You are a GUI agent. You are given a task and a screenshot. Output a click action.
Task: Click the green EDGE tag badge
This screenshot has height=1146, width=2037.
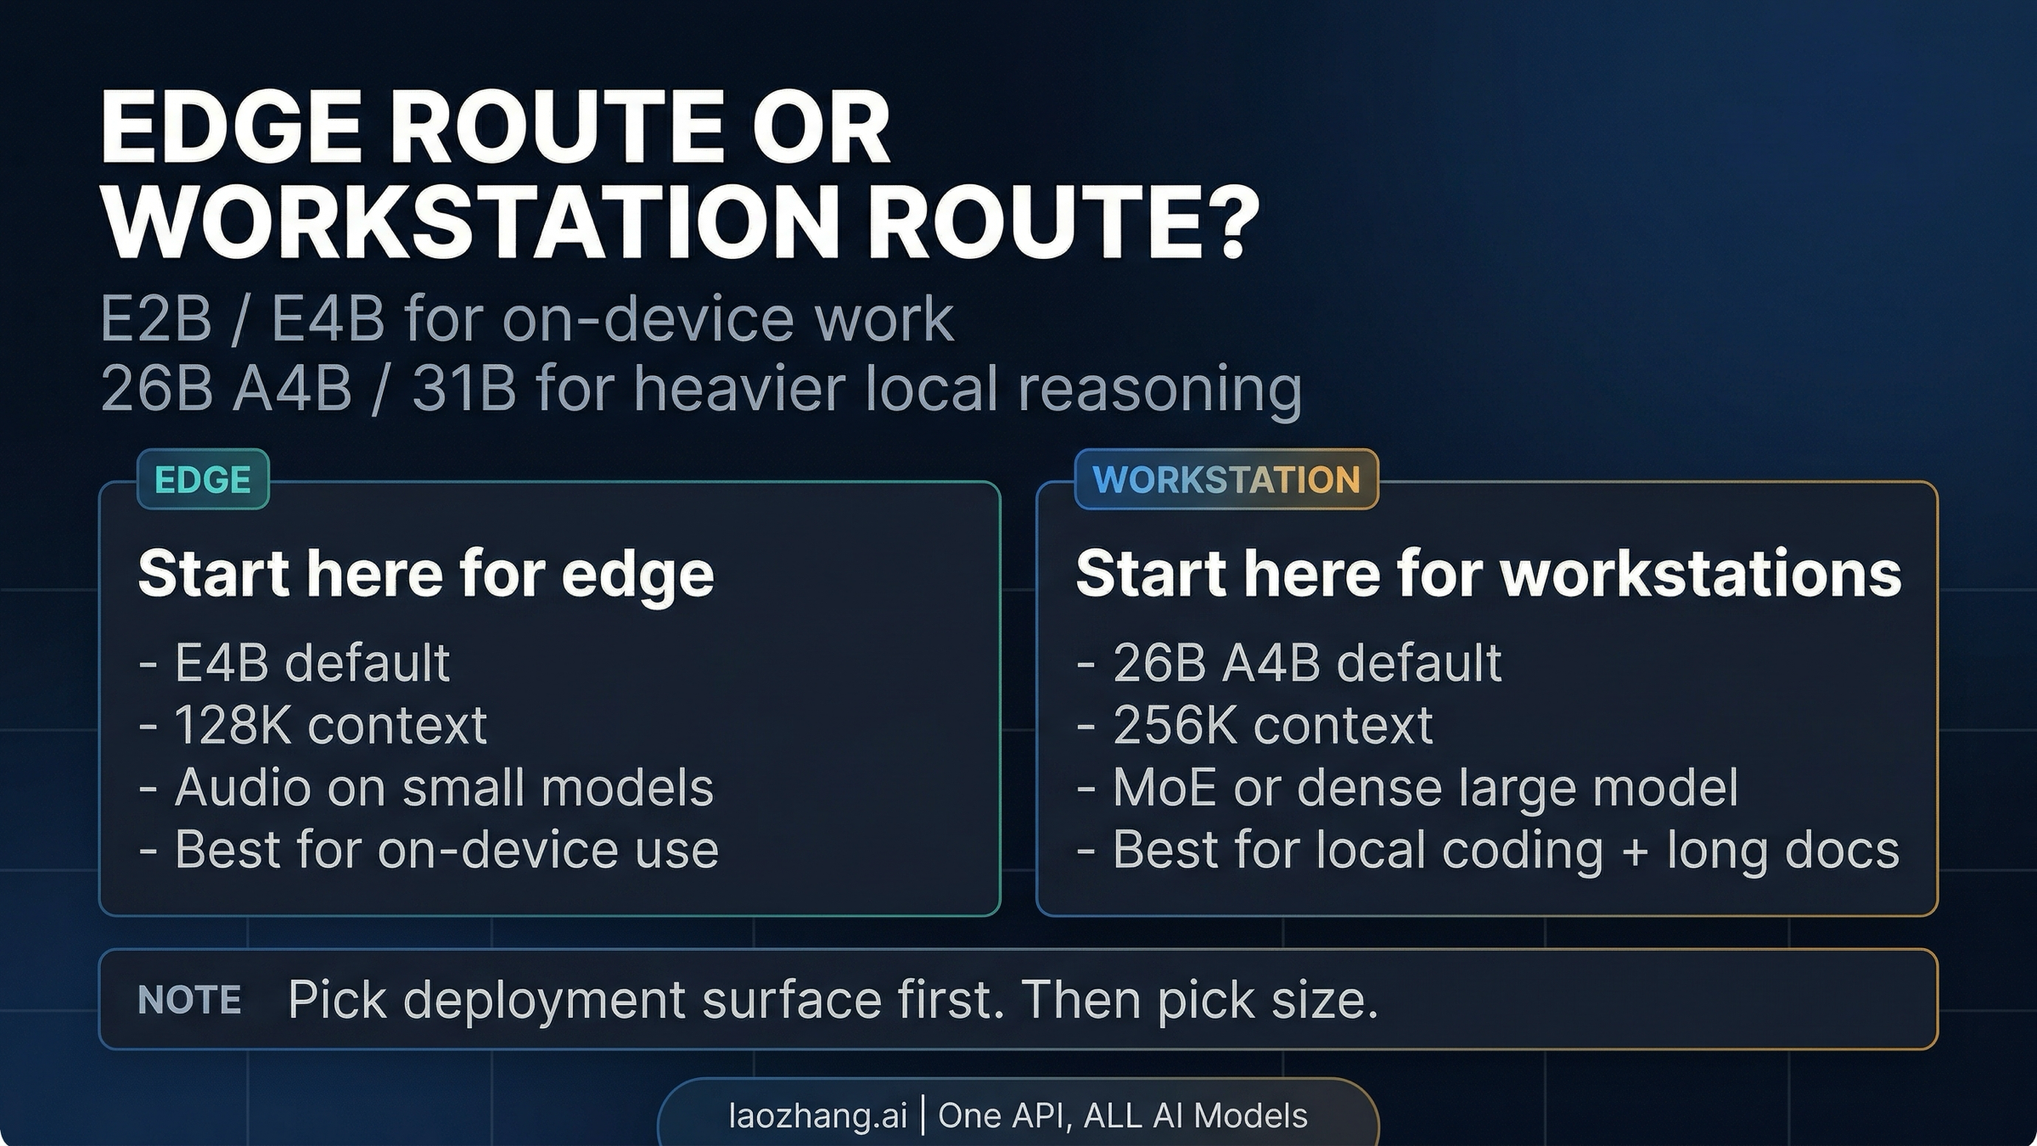(203, 480)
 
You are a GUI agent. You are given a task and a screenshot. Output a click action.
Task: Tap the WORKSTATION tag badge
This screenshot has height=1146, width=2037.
(1226, 480)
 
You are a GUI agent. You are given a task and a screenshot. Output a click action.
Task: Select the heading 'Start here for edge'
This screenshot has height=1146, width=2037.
(426, 574)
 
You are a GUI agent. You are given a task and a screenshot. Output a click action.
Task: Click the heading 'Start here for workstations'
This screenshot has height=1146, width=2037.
(1488, 574)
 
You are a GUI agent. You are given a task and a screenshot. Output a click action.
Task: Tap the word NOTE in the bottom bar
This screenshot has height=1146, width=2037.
(189, 1000)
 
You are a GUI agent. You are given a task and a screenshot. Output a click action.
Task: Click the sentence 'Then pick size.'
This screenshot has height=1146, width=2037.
(1200, 1000)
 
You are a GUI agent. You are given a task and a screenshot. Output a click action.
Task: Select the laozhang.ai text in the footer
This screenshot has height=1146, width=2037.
(817, 1115)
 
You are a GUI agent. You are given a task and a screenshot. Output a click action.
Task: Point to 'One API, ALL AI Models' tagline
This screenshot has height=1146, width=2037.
(1122, 1115)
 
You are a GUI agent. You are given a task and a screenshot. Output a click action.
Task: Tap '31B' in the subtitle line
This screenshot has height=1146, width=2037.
(463, 389)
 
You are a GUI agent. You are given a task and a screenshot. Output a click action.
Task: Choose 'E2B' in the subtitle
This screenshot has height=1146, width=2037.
(155, 320)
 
